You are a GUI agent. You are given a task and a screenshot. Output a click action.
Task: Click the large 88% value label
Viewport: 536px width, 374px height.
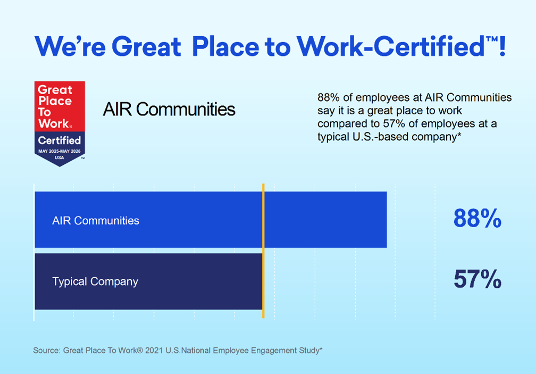[x=477, y=218]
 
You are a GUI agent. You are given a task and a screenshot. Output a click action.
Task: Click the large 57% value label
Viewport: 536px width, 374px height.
[x=477, y=279]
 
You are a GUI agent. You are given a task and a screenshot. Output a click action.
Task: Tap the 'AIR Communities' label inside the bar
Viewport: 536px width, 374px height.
[x=96, y=220]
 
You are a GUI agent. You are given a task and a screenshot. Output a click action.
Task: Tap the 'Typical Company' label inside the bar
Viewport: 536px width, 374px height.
[x=95, y=281]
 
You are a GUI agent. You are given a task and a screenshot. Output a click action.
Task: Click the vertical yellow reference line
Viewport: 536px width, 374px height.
[x=263, y=250]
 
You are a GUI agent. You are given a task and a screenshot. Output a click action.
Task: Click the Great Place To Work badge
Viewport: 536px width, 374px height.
[x=60, y=123]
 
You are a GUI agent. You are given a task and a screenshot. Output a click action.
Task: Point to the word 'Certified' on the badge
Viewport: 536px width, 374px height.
[x=60, y=140]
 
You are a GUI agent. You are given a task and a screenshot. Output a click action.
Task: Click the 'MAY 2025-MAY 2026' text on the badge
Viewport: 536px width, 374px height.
[x=60, y=152]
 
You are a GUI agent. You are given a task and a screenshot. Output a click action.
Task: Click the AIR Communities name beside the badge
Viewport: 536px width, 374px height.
[x=169, y=110]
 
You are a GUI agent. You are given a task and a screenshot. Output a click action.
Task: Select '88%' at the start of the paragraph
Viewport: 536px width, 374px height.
[x=328, y=98]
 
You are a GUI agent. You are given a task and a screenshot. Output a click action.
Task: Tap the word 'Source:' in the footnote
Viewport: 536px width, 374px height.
[x=46, y=351]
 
